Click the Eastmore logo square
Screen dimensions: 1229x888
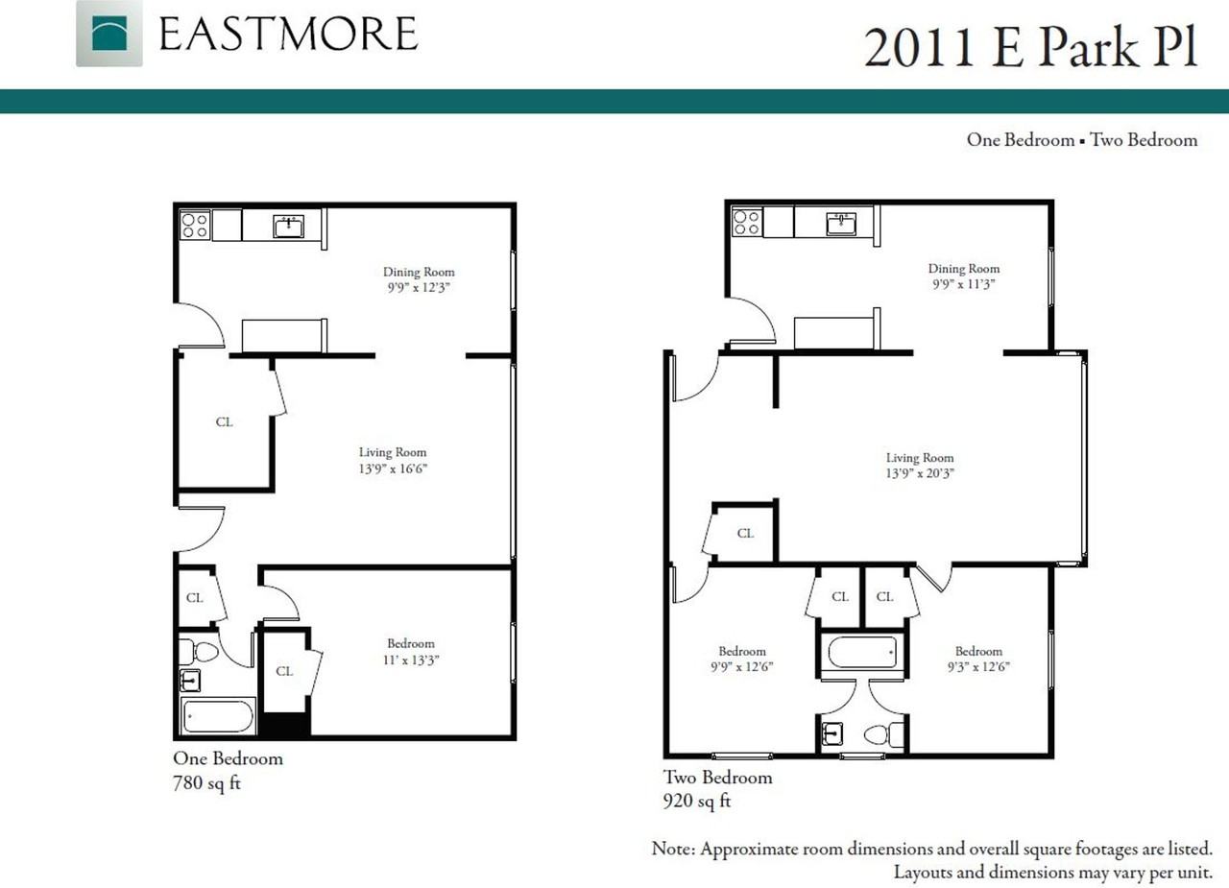[109, 34]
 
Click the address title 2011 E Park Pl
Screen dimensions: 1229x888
[1030, 48]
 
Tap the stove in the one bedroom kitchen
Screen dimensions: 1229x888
[195, 226]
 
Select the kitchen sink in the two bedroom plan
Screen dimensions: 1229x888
[841, 224]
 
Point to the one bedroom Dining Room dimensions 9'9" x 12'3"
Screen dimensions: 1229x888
[419, 287]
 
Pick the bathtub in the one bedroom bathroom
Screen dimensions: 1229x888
[218, 716]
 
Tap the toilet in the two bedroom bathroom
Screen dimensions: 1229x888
[884, 734]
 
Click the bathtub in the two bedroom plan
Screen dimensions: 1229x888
[862, 652]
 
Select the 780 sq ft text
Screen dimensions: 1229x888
[206, 782]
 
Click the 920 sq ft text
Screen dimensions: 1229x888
[697, 801]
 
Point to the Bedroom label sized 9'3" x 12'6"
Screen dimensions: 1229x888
[978, 659]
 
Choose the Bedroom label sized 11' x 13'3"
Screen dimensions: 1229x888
[411, 652]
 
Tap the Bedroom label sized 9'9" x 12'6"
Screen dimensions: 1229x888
[742, 659]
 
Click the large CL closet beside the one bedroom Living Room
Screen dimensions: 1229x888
[225, 421]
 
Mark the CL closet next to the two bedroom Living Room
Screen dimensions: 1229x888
[745, 533]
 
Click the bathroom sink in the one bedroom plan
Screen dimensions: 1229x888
[190, 681]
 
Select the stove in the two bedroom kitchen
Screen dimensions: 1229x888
[746, 222]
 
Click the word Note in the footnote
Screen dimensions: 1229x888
[673, 849]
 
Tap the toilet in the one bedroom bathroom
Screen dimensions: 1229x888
[199, 652]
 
